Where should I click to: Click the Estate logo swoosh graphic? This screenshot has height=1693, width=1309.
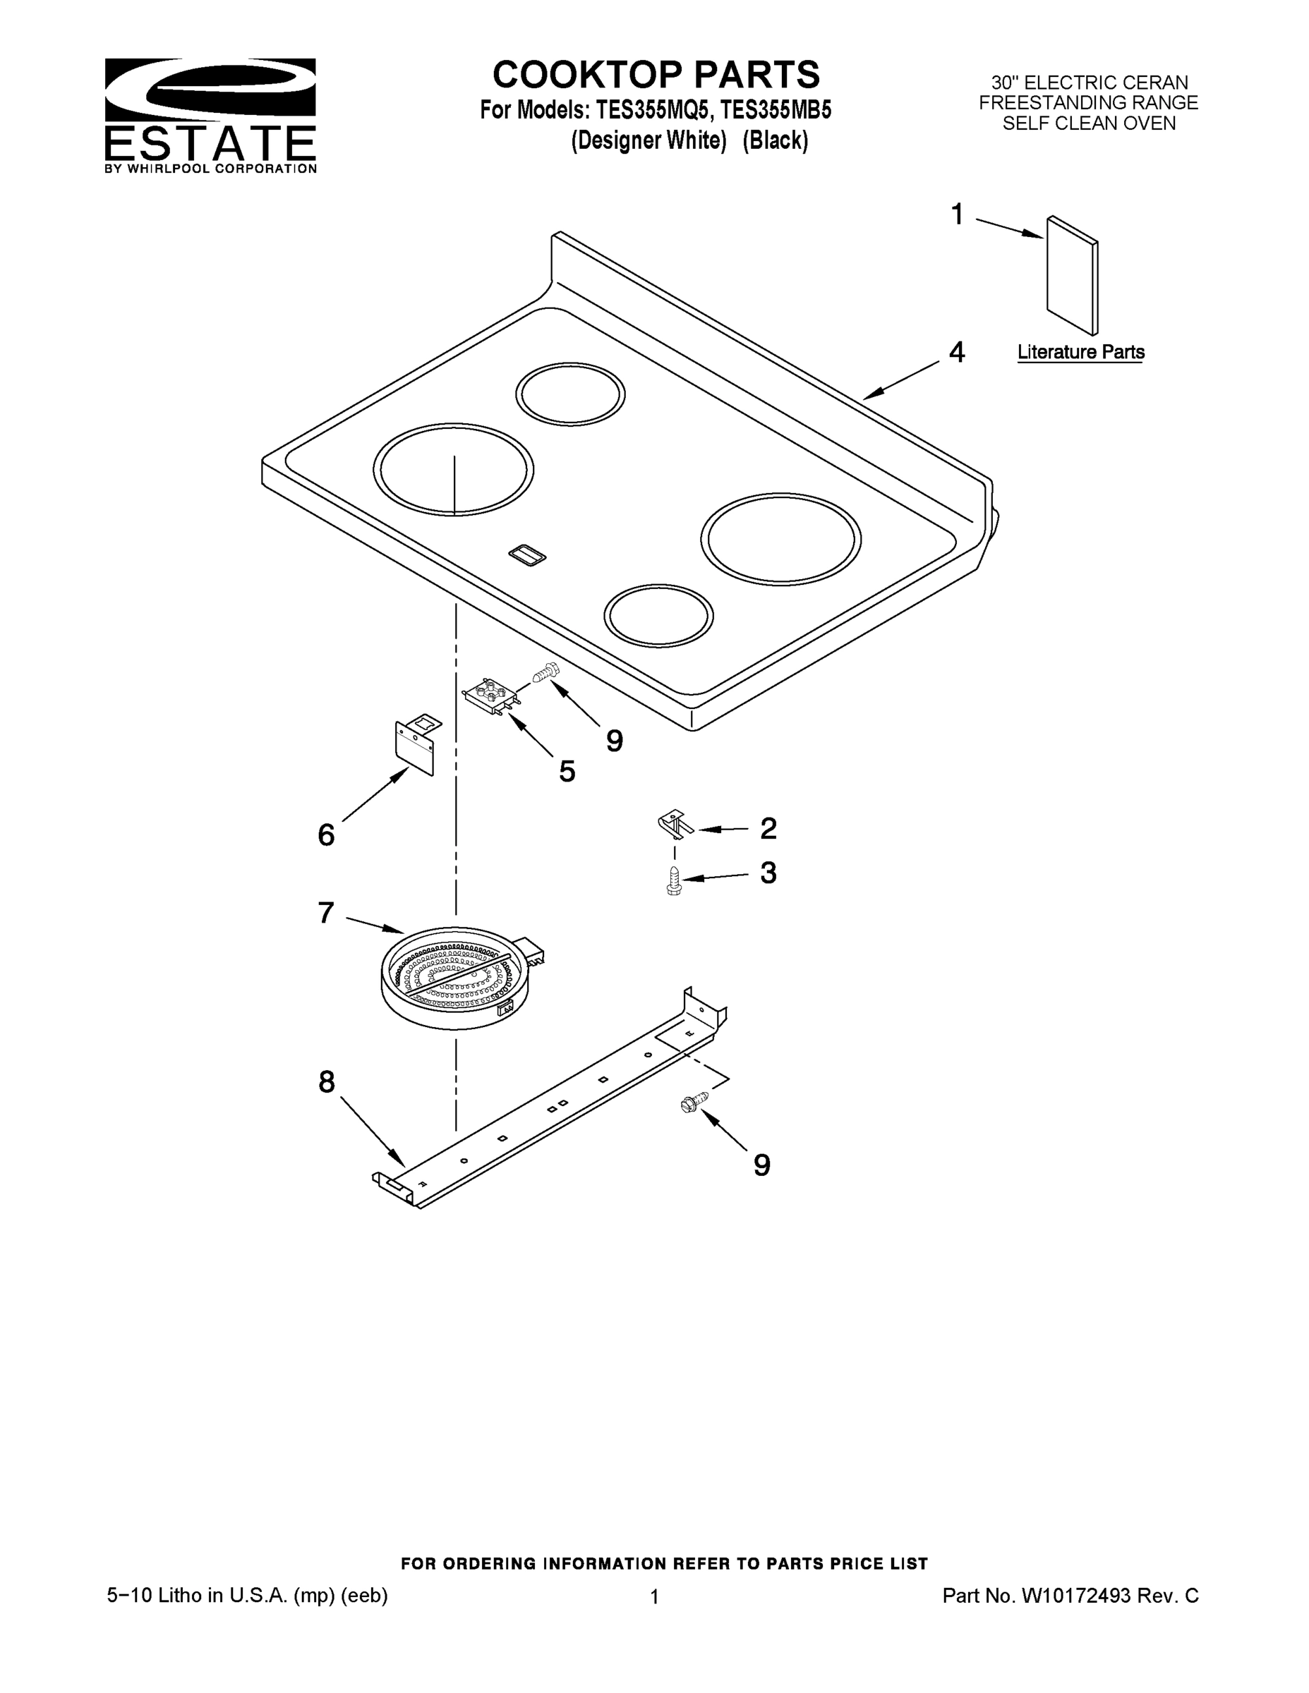coord(210,87)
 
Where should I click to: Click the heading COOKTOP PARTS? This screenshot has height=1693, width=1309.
coord(656,75)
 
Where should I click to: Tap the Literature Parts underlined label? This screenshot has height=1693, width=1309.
coord(1080,352)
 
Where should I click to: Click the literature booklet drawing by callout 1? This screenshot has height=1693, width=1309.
coord(1072,275)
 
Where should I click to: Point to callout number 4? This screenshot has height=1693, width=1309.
coord(957,352)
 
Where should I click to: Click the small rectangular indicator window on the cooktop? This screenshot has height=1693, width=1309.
coord(526,555)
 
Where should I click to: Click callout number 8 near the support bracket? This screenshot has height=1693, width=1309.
coord(327,1081)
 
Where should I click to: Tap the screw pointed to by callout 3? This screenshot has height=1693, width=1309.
coord(674,880)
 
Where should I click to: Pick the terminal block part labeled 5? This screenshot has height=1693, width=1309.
coord(490,695)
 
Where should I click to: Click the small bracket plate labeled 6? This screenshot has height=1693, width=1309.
coord(416,745)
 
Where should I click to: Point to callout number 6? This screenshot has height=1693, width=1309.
coord(326,835)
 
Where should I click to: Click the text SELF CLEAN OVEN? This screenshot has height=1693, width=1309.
coord(1088,123)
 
